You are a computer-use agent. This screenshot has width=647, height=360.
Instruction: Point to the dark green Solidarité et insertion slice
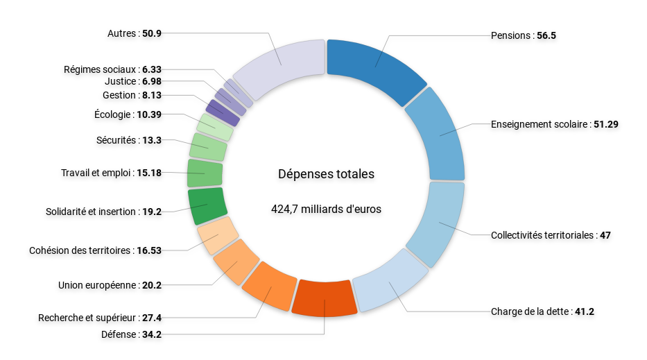click(205, 205)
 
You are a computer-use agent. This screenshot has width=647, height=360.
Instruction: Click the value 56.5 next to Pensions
click(546, 35)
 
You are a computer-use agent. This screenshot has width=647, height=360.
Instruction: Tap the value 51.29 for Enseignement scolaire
click(605, 124)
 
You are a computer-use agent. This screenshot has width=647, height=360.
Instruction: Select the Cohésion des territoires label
click(80, 250)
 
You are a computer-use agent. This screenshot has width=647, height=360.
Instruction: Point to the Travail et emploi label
click(96, 173)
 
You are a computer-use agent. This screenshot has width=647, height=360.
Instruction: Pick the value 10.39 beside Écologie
click(149, 114)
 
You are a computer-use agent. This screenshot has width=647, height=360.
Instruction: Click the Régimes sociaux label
click(101, 69)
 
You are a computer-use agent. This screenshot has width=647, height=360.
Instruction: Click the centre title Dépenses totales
click(326, 174)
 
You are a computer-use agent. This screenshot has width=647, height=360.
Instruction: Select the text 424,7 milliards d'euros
click(326, 208)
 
